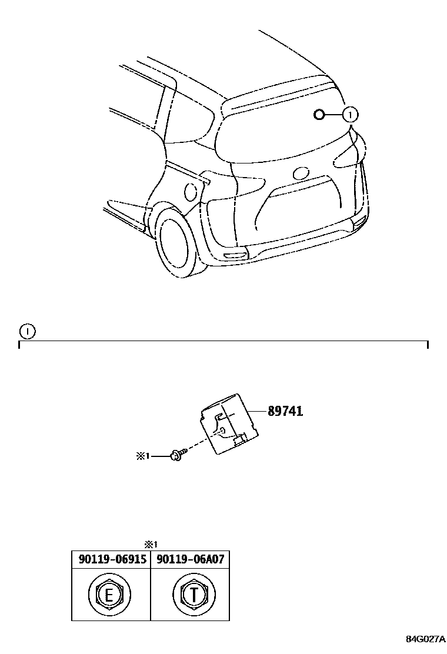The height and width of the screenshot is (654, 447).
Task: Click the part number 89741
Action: pyautogui.click(x=285, y=411)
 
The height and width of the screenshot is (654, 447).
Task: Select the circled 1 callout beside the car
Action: pyautogui.click(x=350, y=114)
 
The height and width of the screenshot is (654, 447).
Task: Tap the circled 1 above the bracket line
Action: pyautogui.click(x=27, y=331)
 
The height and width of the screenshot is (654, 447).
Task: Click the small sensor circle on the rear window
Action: pyautogui.click(x=319, y=114)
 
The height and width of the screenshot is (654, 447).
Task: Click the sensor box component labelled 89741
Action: pyautogui.click(x=228, y=423)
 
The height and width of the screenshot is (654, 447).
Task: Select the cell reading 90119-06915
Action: pyautogui.click(x=112, y=559)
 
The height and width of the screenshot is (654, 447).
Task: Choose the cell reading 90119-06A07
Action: pyautogui.click(x=190, y=559)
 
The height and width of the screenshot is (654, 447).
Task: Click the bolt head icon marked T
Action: pyautogui.click(x=190, y=595)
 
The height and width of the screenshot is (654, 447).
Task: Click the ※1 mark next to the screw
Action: pyautogui.click(x=144, y=455)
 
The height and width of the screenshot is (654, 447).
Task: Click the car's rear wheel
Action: pyautogui.click(x=179, y=243)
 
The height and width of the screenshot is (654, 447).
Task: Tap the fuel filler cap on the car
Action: pyautogui.click(x=191, y=191)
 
